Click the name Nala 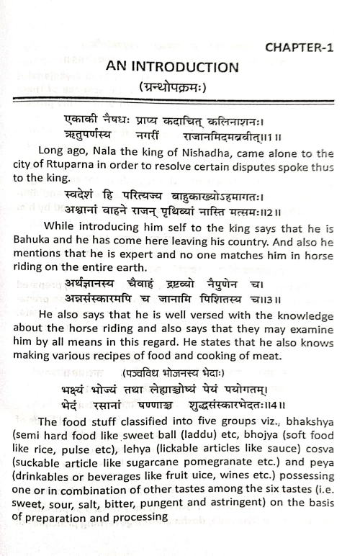106,153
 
